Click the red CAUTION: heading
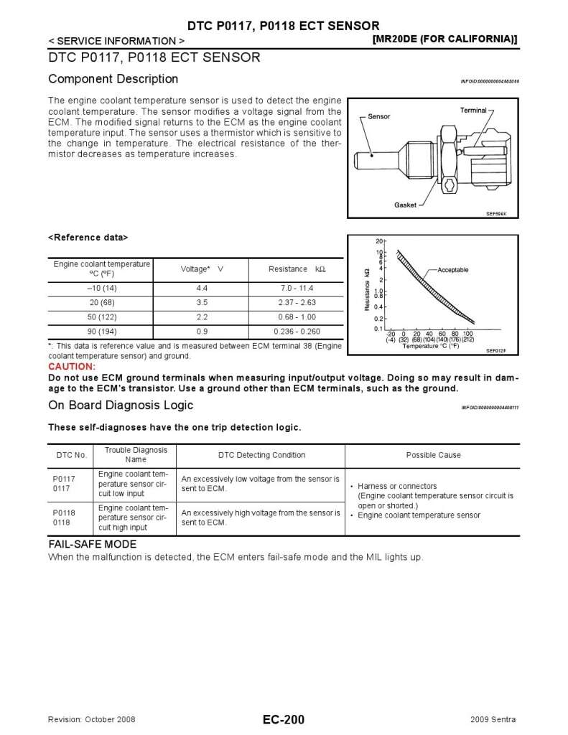[x=72, y=367]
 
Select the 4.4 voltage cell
[x=202, y=289]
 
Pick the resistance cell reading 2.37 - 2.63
[x=297, y=303]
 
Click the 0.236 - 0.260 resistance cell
[x=297, y=332]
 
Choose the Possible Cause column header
[x=433, y=455]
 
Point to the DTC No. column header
[x=72, y=455]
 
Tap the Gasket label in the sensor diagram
[x=405, y=205]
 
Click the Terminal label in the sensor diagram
[x=473, y=111]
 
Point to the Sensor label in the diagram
[x=379, y=116]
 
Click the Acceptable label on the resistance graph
[x=453, y=270]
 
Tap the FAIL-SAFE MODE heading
[x=92, y=545]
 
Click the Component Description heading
[x=113, y=79]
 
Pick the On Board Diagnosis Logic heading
[x=121, y=405]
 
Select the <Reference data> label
[x=88, y=237]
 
